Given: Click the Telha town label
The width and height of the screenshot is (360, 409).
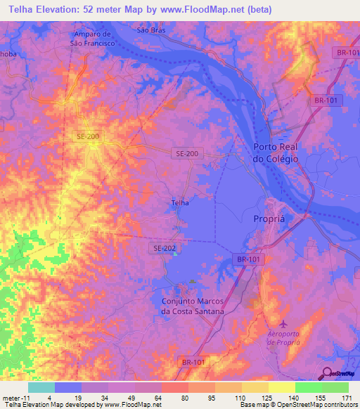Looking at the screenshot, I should point(180,203).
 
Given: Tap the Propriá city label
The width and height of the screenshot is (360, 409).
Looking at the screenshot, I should point(268,219).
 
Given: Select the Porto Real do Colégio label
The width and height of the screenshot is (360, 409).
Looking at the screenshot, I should point(276,153).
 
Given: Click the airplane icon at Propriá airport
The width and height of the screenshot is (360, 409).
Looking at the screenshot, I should point(283,323).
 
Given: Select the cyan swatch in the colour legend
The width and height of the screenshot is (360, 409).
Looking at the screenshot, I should point(41,387).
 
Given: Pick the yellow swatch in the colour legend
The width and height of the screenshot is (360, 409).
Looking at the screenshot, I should point(281,387).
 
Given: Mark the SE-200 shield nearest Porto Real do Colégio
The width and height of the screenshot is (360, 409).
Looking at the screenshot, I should point(187,152).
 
